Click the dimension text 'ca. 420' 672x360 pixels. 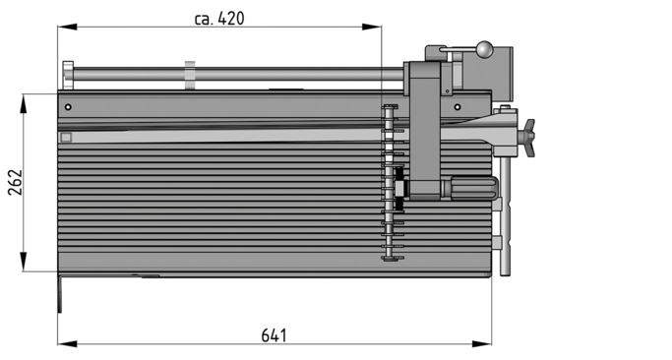(x=218, y=18)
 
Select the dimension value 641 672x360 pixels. (x=275, y=335)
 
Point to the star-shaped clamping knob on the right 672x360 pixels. (x=528, y=137)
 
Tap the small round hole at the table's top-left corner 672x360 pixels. (x=68, y=106)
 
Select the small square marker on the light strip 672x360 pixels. (x=66, y=138)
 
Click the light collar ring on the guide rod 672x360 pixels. (x=189, y=74)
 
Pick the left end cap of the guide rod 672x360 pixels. (x=67, y=74)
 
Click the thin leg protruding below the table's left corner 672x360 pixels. (x=59, y=294)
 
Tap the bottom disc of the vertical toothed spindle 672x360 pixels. (x=392, y=259)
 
